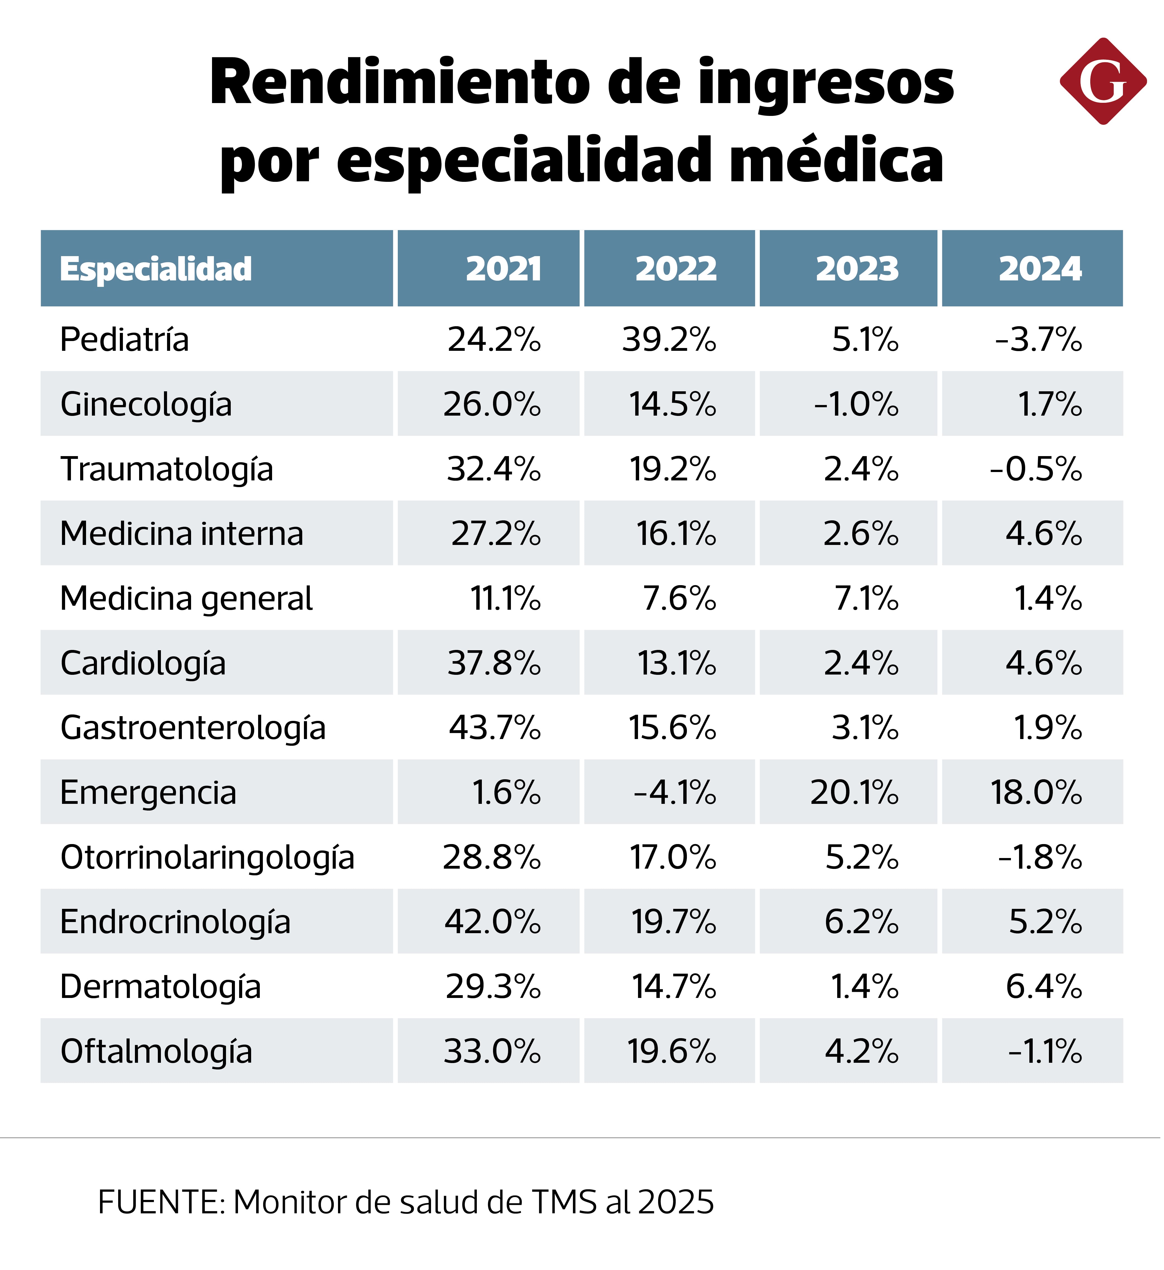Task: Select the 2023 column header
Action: [857, 269]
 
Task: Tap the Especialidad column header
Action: [156, 269]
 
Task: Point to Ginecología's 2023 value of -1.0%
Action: [857, 404]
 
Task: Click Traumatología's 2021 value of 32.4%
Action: [494, 469]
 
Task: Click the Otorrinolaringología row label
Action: [207, 857]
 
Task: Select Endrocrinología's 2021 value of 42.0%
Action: [492, 922]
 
